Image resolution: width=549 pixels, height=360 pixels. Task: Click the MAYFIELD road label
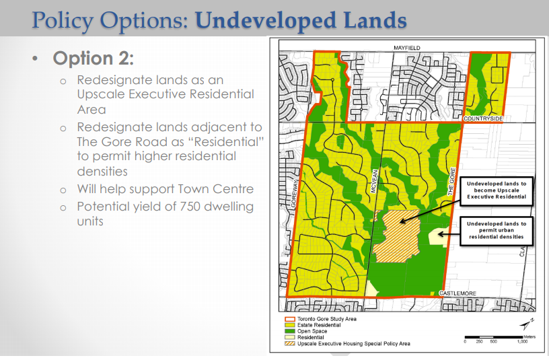click(x=406, y=48)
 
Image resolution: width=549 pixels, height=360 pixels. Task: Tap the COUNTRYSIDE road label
click(x=483, y=118)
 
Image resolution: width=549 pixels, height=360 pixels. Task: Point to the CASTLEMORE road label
click(x=458, y=293)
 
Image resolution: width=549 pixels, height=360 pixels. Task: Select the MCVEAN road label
click(x=374, y=181)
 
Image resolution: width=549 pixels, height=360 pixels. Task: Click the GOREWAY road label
click(x=295, y=194)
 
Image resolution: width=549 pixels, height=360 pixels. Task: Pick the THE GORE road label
click(x=451, y=182)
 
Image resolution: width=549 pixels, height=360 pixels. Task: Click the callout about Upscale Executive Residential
click(x=497, y=190)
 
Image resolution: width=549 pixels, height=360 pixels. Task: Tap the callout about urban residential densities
click(x=497, y=230)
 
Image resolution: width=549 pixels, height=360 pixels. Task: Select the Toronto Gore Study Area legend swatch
click(x=290, y=319)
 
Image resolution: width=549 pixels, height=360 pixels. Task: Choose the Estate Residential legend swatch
click(x=290, y=325)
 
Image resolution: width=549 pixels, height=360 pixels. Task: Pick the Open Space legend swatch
click(x=290, y=331)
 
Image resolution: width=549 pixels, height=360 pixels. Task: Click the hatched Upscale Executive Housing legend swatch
click(x=290, y=344)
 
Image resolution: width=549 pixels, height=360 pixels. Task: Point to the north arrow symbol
click(x=527, y=324)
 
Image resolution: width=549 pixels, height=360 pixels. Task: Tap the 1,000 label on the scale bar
click(x=522, y=342)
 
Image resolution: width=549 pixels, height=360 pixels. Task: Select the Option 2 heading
click(x=94, y=58)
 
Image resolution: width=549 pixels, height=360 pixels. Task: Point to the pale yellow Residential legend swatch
click(x=290, y=337)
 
